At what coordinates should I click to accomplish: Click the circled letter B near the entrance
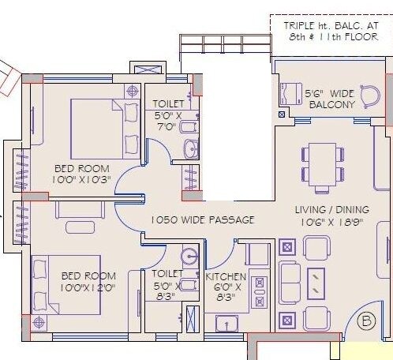coord(366,321)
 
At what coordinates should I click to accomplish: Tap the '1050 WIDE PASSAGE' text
coord(203,219)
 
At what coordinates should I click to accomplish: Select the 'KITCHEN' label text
coord(226,278)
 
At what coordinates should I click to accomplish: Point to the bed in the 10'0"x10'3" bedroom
coord(104,129)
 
